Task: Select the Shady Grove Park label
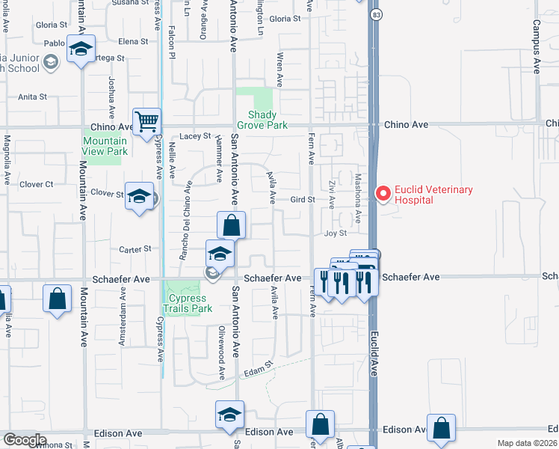click(x=257, y=120)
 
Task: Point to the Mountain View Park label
click(x=105, y=146)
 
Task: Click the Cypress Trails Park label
click(x=188, y=303)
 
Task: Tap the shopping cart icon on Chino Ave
click(x=147, y=120)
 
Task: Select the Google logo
click(x=24, y=440)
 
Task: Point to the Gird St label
click(x=302, y=200)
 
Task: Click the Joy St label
click(x=336, y=233)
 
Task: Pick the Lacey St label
click(x=197, y=136)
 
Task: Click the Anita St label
click(x=33, y=97)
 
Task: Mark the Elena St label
click(x=134, y=42)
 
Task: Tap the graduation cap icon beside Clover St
click(x=139, y=196)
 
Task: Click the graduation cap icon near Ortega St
click(x=81, y=49)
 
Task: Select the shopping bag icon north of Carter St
click(x=232, y=224)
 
